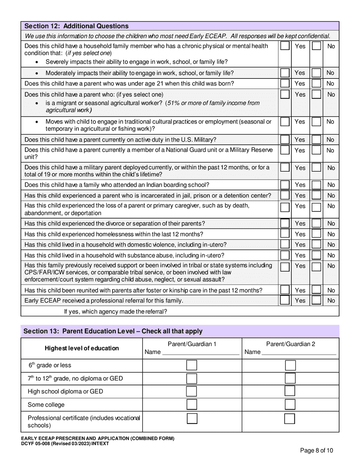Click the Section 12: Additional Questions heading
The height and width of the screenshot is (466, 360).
tap(76, 26)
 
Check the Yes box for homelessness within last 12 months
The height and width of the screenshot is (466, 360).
tap(285, 234)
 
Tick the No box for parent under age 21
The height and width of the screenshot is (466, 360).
tap(316, 83)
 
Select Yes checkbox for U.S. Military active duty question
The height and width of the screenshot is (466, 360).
tap(285, 139)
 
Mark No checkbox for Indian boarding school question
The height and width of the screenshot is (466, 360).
tap(316, 185)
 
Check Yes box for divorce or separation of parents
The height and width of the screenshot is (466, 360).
tap(285, 224)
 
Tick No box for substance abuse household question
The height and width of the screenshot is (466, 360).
tap(316, 255)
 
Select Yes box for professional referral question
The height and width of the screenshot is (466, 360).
tap(285, 300)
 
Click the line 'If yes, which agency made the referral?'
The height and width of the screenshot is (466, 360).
tap(116, 311)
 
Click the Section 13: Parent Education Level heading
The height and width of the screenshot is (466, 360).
tap(113, 331)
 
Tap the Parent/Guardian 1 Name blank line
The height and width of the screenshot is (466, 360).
tap(200, 352)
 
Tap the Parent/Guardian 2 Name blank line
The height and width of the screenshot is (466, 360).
tap(299, 352)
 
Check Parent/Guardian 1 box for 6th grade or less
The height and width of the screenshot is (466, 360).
tap(192, 365)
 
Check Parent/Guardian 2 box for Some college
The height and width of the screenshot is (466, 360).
tap(290, 404)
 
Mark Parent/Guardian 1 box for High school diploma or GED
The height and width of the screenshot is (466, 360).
tap(192, 391)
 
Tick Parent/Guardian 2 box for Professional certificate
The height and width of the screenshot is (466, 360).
tap(290, 419)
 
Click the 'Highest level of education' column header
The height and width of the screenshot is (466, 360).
tap(81, 348)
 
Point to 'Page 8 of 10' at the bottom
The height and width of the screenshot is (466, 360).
tap(316, 450)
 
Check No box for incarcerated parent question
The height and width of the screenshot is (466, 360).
tap(316, 195)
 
